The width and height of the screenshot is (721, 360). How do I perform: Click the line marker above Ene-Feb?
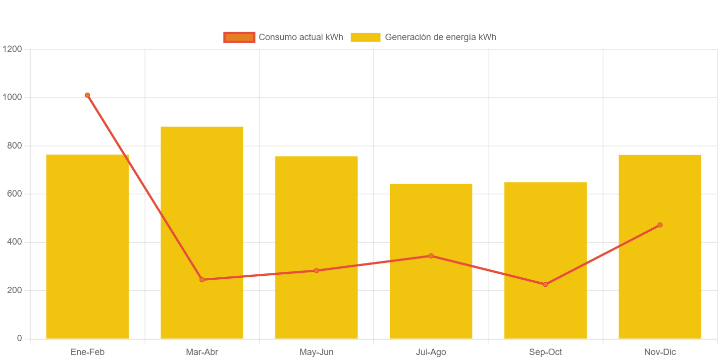(x=87, y=95)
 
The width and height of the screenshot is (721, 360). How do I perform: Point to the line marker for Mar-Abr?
(x=202, y=280)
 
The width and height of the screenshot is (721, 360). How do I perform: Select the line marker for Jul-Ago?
(x=431, y=256)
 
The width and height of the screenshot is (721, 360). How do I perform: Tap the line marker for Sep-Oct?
(x=545, y=284)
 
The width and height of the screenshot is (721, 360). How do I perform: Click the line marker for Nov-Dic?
(x=660, y=225)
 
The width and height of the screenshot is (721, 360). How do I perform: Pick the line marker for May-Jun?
(x=316, y=270)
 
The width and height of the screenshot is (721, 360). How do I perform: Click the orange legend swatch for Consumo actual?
(x=239, y=37)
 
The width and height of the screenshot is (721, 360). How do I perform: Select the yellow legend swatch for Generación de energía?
(x=365, y=37)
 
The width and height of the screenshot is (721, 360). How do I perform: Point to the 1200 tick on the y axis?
(x=12, y=49)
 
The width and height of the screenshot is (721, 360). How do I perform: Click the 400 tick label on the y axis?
(x=14, y=242)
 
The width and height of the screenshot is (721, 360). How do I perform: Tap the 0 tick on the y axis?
(x=19, y=338)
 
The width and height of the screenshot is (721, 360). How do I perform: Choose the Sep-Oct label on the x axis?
(x=545, y=352)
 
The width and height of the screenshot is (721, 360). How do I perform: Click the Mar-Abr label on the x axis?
(x=202, y=352)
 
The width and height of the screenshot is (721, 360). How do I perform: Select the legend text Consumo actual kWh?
(x=301, y=37)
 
